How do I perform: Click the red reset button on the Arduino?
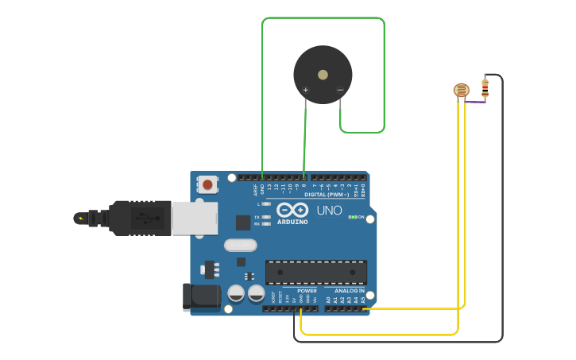coord(207,184)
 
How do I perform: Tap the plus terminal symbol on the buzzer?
coord(305,90)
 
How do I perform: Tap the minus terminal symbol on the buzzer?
coord(340,90)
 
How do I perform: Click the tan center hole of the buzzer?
coord(323,75)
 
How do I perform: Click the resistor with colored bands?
coord(485,88)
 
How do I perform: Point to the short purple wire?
coord(475,102)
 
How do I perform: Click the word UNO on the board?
coord(330,211)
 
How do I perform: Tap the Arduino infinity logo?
coord(292,210)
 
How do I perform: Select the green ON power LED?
coord(351,217)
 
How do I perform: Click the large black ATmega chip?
coord(316,272)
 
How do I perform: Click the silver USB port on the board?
coord(194,218)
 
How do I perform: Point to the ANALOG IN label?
coord(350,291)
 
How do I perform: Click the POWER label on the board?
coord(307,291)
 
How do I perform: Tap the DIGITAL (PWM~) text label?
coord(327,194)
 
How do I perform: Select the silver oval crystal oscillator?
coord(240,245)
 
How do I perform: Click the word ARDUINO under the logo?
coord(292,222)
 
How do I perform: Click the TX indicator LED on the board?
coord(265,216)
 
